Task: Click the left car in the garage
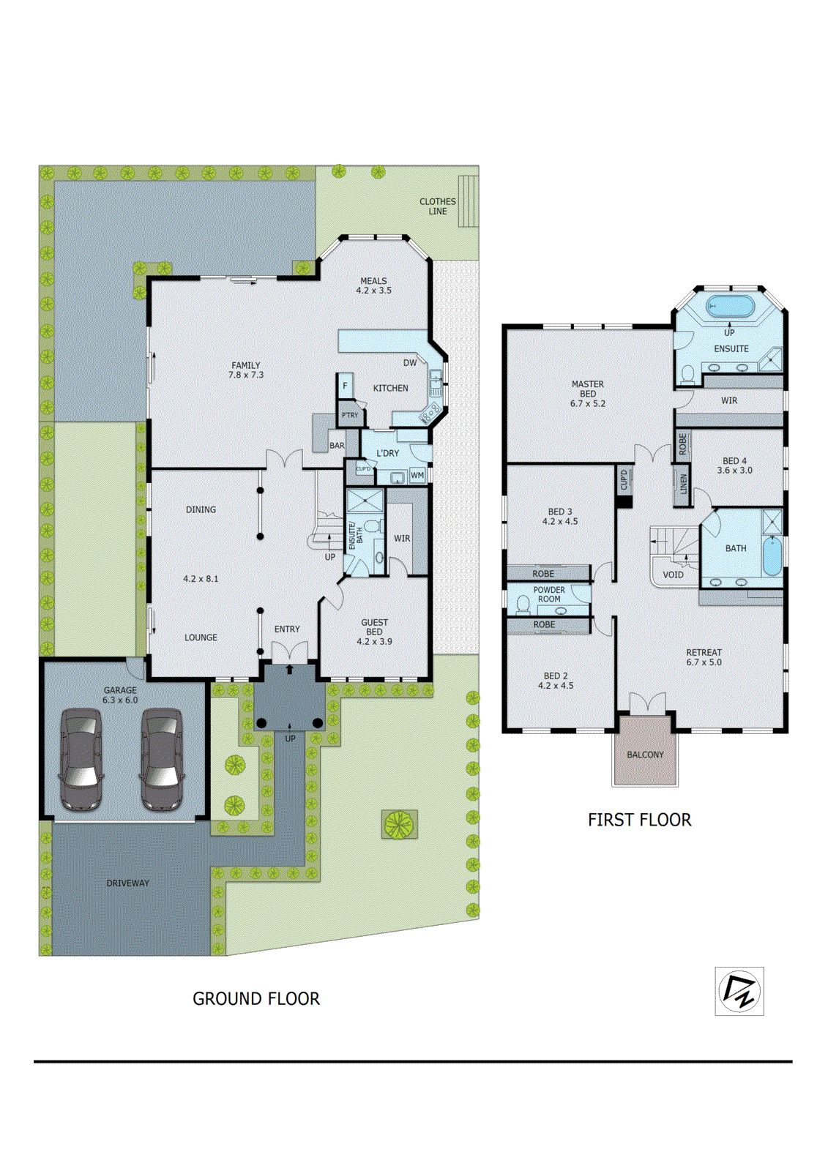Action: pos(81,758)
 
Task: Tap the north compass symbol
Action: pos(739,991)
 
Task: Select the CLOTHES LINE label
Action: pos(438,206)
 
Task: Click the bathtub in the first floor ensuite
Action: pos(729,306)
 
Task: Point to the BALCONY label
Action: pos(645,755)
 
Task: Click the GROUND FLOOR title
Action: pos(256,999)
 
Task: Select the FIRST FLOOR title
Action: pos(639,820)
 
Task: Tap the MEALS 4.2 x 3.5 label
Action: pos(373,285)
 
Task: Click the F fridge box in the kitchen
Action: pos(346,386)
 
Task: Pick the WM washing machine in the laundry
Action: pos(417,475)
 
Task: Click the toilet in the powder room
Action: pos(523,605)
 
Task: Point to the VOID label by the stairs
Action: pos(673,575)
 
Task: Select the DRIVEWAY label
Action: pos(127,883)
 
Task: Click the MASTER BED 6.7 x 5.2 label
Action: pos(588,394)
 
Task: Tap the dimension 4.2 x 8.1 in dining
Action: pos(201,578)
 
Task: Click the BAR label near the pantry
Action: pos(337,445)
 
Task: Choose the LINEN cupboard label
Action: pos(683,484)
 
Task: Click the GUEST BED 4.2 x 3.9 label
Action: pos(374,632)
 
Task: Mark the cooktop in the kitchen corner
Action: pos(430,415)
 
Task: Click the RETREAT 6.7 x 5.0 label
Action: pos(704,657)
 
